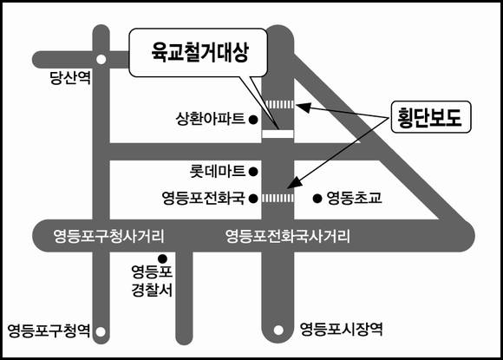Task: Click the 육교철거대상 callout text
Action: (x=199, y=52)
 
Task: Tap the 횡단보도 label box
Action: (x=431, y=117)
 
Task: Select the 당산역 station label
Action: (x=70, y=78)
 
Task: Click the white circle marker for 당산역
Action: (x=101, y=59)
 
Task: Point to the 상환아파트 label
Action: (x=210, y=119)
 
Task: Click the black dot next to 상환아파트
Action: (x=253, y=120)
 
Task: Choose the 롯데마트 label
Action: (x=217, y=171)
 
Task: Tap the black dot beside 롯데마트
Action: (x=253, y=172)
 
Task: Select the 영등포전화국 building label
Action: (x=204, y=198)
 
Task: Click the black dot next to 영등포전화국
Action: (x=253, y=199)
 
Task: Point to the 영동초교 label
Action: (x=354, y=198)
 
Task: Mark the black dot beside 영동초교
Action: (x=317, y=199)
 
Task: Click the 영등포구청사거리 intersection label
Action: (x=108, y=237)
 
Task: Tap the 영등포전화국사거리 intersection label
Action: (x=287, y=237)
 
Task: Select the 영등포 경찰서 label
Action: (x=152, y=281)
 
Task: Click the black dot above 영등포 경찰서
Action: (x=163, y=259)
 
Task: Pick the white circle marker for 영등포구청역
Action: (x=101, y=331)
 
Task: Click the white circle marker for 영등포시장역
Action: (x=278, y=330)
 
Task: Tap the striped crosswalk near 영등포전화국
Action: (x=278, y=199)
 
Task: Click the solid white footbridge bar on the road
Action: (x=278, y=134)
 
